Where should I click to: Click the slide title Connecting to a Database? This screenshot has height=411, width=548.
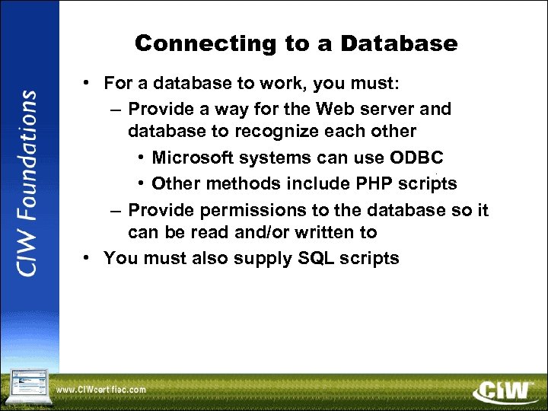point(296,44)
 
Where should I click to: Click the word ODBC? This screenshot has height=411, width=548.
point(416,158)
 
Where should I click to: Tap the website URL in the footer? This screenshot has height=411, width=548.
point(101,390)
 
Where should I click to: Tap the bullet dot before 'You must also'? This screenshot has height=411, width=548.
point(89,258)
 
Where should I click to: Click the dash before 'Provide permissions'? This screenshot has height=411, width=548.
point(114,209)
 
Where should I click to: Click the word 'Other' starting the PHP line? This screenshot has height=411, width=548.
point(174,183)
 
